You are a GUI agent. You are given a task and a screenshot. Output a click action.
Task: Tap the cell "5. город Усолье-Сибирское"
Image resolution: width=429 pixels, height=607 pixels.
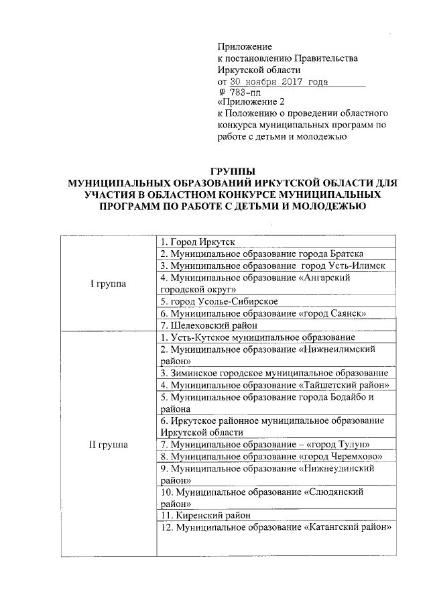click(x=220, y=301)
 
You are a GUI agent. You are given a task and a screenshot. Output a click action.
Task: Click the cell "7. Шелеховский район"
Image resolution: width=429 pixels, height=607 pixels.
click(x=205, y=325)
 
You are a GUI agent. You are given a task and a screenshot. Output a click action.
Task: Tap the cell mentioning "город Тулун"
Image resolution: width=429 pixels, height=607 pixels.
click(x=264, y=444)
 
